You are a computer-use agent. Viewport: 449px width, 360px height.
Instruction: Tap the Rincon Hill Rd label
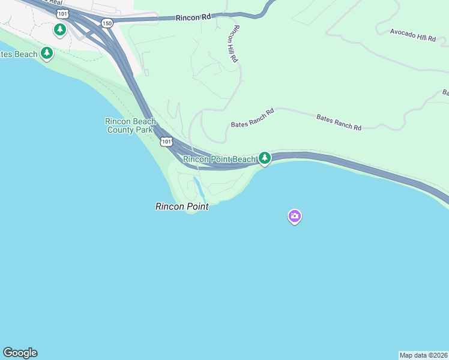(x=233, y=44)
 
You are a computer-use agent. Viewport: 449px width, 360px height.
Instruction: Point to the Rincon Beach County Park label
(x=131, y=125)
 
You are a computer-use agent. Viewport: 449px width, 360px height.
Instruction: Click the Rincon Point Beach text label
(x=220, y=159)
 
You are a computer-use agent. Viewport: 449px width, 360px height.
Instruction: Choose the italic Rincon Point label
(x=182, y=206)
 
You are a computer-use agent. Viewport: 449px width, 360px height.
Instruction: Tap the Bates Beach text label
(x=18, y=54)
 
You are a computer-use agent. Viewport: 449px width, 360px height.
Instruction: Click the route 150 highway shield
(x=107, y=23)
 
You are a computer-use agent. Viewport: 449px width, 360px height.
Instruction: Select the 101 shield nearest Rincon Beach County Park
(x=166, y=142)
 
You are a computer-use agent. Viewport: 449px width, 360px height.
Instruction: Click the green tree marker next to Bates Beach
(x=47, y=53)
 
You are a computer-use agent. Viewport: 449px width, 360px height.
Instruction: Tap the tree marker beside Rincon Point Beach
(x=264, y=158)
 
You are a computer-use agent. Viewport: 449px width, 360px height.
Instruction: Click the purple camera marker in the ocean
(x=294, y=216)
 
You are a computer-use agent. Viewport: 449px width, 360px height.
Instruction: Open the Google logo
(x=20, y=353)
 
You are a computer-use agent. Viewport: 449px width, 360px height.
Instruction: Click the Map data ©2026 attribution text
(x=424, y=355)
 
